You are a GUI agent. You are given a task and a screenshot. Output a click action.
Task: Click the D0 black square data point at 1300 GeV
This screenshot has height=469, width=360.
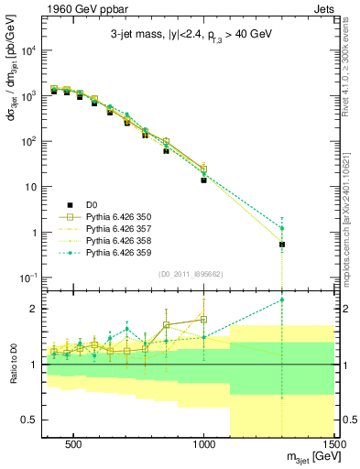pos(282,245)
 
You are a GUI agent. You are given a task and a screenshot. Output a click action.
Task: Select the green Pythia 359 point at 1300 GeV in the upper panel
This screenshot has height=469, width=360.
pos(282,228)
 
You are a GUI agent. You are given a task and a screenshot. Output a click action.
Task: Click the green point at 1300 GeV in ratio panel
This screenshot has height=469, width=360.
pos(282,300)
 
